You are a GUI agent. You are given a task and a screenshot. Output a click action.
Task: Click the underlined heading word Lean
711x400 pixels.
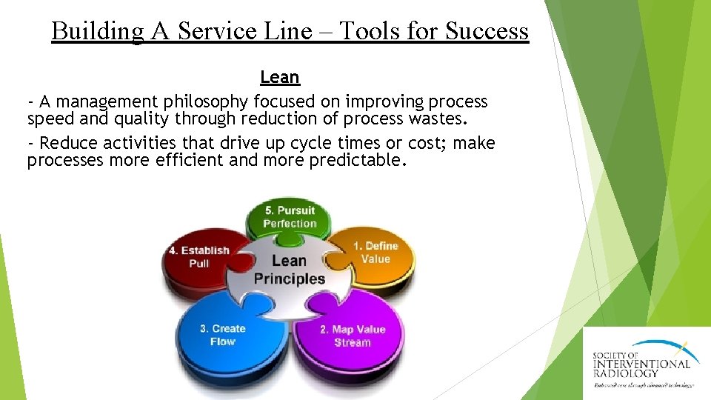click(x=279, y=77)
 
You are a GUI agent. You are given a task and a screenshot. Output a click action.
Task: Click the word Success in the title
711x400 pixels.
click(x=487, y=31)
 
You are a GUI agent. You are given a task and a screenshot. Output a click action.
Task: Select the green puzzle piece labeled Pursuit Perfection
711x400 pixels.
click(x=290, y=216)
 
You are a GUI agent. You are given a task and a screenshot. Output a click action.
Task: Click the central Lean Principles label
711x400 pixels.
click(x=290, y=269)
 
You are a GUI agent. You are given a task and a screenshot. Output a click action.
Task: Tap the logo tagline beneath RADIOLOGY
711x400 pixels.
click(x=643, y=385)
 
